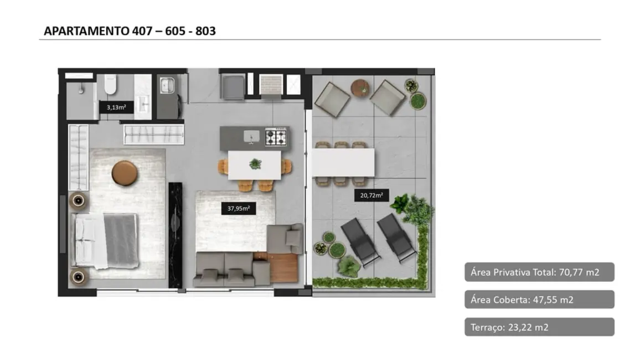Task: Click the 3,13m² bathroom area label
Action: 116,107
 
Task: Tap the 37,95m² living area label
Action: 239,209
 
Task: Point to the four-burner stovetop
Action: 276,136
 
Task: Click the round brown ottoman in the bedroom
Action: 125,173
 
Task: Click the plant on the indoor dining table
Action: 255,164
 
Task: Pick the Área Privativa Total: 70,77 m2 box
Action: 539,272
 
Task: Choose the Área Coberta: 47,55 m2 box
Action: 539,300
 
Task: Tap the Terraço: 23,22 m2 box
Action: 539,327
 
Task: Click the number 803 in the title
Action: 204,31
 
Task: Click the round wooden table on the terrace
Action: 360,88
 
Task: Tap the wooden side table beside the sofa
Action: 283,267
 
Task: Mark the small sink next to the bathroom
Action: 167,85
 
